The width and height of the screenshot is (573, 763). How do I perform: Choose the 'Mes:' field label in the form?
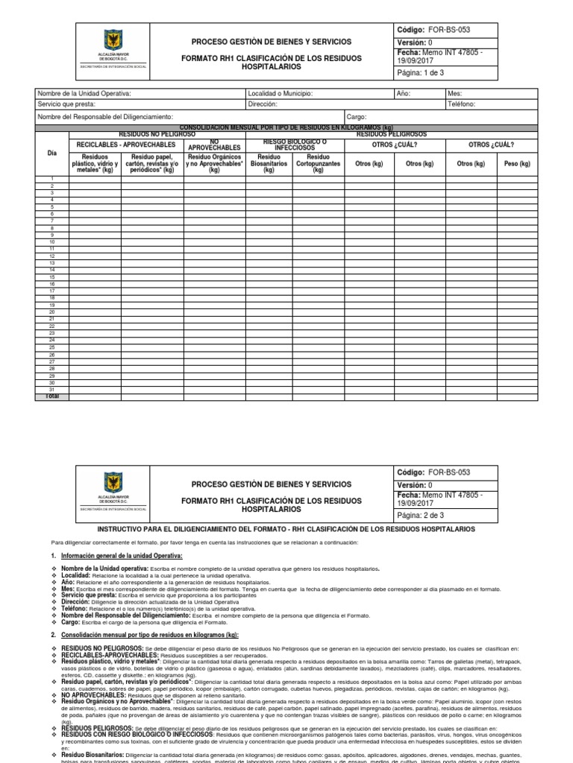click(x=455, y=94)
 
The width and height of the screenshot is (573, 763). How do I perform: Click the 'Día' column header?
click(x=52, y=152)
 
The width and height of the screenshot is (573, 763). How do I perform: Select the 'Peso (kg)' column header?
click(x=516, y=163)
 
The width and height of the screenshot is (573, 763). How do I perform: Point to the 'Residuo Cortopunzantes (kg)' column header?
click(x=318, y=164)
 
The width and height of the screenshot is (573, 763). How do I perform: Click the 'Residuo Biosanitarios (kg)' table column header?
click(x=269, y=164)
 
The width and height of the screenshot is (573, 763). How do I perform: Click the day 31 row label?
click(x=52, y=389)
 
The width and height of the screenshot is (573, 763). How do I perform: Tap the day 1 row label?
click(x=52, y=179)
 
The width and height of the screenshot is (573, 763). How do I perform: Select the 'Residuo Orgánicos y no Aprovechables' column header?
click(x=214, y=164)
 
